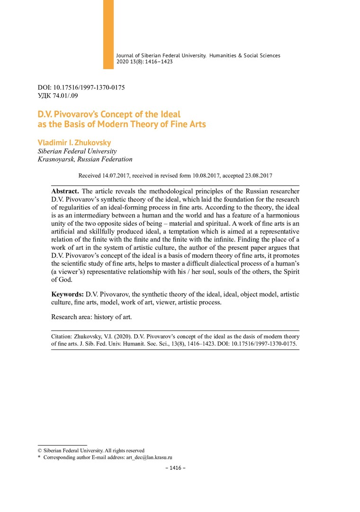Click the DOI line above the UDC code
(x=81, y=88)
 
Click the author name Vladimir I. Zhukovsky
(x=74, y=143)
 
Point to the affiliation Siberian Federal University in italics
(x=73, y=151)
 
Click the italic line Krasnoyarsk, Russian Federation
(x=85, y=159)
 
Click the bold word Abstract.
(x=65, y=191)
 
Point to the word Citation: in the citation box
(x=63, y=336)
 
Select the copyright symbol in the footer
(x=40, y=450)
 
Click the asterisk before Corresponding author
(x=39, y=457)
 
